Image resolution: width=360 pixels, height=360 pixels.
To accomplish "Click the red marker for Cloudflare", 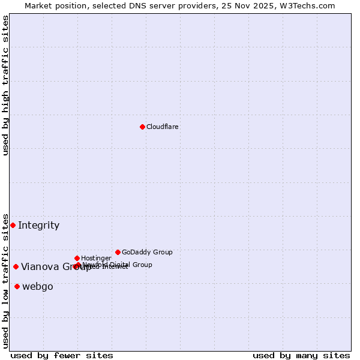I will point(142,127).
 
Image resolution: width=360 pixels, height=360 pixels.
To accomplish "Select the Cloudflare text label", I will point(163,127).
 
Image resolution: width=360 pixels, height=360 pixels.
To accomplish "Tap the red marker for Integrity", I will point(13,225).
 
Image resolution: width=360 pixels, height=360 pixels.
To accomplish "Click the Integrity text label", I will point(39,226).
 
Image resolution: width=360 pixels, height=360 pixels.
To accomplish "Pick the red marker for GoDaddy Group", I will point(118,252).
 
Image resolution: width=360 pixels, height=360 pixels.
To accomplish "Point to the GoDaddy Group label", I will point(147,252).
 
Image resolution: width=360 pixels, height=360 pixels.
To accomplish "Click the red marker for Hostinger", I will point(77,258).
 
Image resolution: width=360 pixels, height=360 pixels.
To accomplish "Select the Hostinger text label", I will point(96,258).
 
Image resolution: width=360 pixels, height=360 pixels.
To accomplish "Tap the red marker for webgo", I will point(17,286).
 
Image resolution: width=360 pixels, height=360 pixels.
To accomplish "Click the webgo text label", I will point(38,287).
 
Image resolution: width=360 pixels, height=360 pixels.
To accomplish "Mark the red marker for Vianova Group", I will point(16,266).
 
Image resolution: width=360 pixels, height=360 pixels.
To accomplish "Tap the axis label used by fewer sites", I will point(62,355).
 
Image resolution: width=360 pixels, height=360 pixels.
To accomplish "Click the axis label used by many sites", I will point(301,355).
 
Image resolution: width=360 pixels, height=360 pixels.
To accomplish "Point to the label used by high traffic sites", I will point(5,85).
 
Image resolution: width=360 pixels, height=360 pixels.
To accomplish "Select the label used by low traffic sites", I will point(5,280).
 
